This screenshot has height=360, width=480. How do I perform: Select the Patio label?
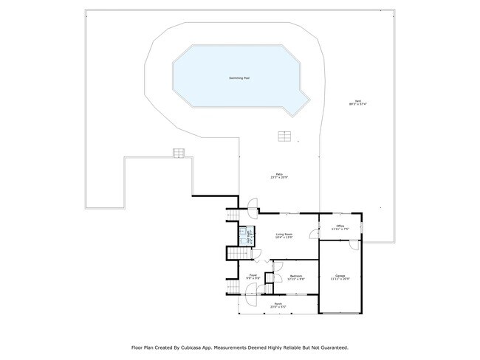(x=278, y=174)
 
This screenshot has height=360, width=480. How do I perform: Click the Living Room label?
(x=285, y=234)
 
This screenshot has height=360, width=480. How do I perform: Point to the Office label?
(x=340, y=226)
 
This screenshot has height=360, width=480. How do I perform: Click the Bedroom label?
(x=296, y=275)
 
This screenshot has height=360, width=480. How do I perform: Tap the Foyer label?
(x=253, y=275)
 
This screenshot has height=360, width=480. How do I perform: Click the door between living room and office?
(x=315, y=234)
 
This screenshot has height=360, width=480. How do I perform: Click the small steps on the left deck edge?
(x=178, y=153)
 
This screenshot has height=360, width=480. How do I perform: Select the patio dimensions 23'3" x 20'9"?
(x=278, y=178)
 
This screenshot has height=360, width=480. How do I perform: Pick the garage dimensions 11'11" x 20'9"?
(x=340, y=279)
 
